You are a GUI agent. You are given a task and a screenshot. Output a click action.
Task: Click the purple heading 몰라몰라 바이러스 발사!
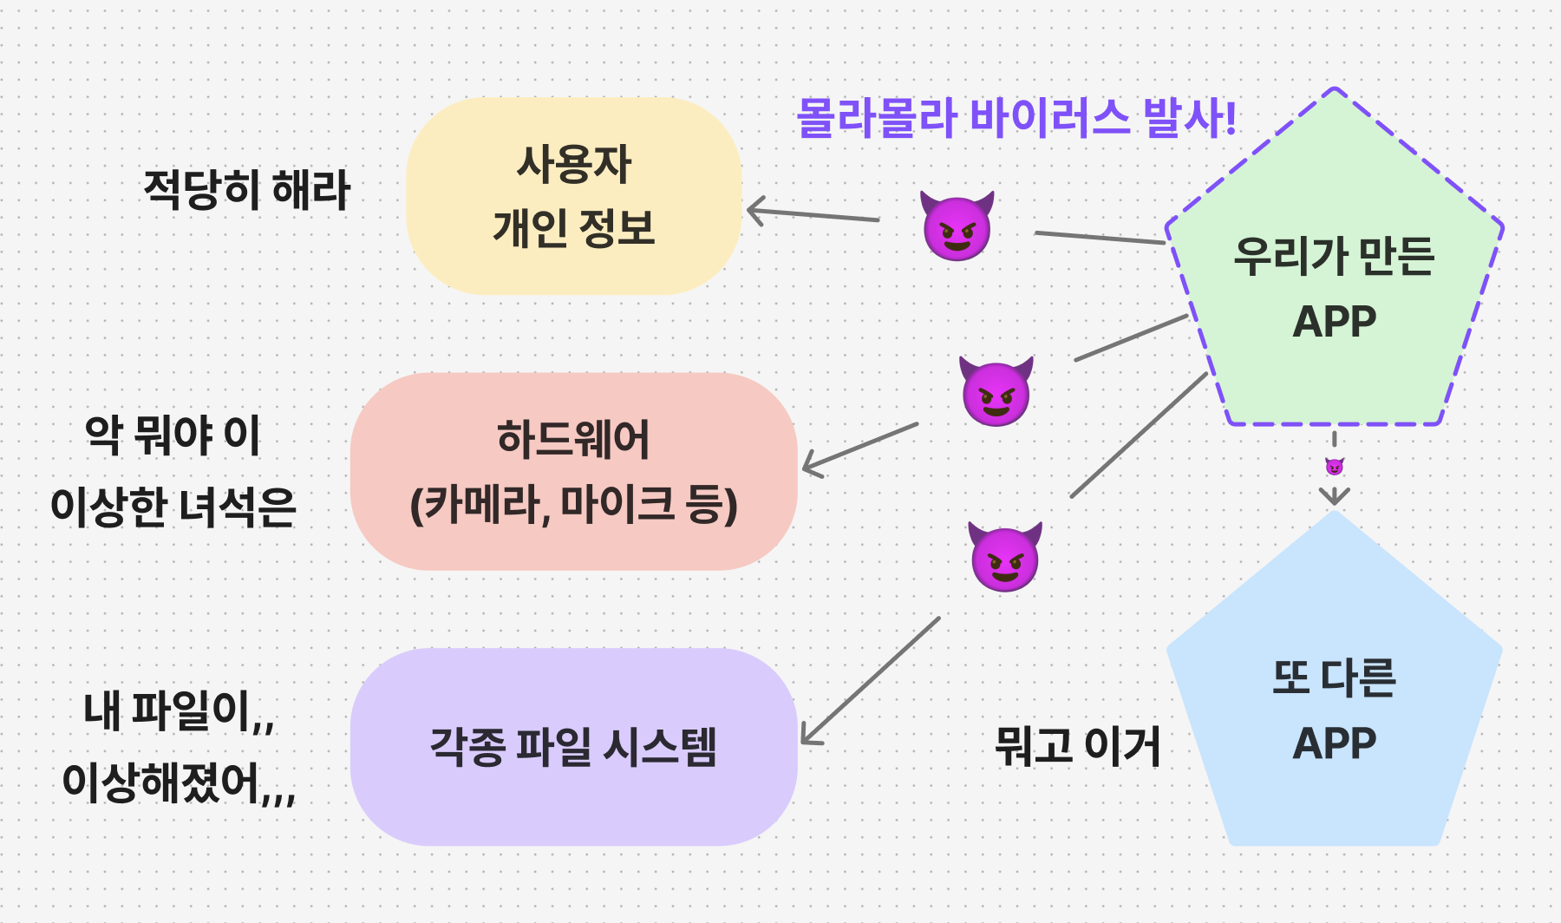point(1016,118)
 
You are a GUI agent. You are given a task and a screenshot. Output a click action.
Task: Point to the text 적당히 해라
point(246,190)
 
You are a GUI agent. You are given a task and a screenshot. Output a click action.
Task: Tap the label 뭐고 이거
point(1077,746)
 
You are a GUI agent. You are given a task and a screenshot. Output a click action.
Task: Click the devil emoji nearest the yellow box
point(957,226)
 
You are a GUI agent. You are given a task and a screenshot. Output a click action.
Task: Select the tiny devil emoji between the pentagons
point(1335,468)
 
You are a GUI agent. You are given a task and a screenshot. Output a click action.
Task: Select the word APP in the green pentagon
point(1334,322)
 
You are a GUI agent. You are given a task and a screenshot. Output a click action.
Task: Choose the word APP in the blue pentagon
point(1334,743)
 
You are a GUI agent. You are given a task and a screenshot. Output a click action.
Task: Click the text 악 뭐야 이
point(173,435)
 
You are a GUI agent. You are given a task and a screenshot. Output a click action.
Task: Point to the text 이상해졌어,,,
point(179,783)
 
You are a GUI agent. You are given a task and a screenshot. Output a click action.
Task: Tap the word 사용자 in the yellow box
point(574,164)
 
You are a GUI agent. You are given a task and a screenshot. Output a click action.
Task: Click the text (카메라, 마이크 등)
point(573,505)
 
